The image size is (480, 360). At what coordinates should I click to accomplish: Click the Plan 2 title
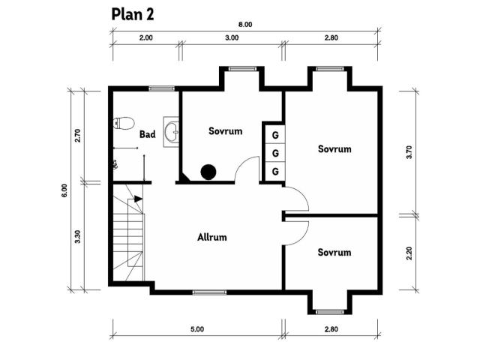pos(133,14)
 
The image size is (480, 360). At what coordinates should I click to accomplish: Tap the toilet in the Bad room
pos(124,123)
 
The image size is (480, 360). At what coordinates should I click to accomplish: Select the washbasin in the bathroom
pos(171,132)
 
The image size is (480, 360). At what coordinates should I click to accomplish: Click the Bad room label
pos(147,134)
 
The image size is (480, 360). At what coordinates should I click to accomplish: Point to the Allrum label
pos(211,237)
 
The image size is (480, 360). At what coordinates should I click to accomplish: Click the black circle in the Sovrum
pos(208,172)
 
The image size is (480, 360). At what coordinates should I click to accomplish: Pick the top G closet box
pos(275,135)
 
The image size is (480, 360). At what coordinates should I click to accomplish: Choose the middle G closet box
pos(275,153)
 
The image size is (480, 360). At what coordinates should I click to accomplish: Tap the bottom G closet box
pos(275,171)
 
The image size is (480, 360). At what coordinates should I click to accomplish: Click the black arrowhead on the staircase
pos(138,199)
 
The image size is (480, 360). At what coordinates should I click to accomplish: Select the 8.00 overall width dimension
pos(245,25)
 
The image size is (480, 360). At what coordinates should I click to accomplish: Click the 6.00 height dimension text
pos(64,190)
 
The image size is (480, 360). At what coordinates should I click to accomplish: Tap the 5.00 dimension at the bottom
pos(197,329)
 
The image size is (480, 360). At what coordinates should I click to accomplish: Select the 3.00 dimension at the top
pos(232,37)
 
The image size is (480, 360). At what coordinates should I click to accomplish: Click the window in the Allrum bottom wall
pos(210,292)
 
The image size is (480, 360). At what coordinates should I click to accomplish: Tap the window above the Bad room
pos(162,88)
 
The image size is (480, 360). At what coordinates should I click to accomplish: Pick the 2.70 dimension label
pos(77,136)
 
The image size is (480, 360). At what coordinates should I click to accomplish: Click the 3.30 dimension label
pos(77,237)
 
